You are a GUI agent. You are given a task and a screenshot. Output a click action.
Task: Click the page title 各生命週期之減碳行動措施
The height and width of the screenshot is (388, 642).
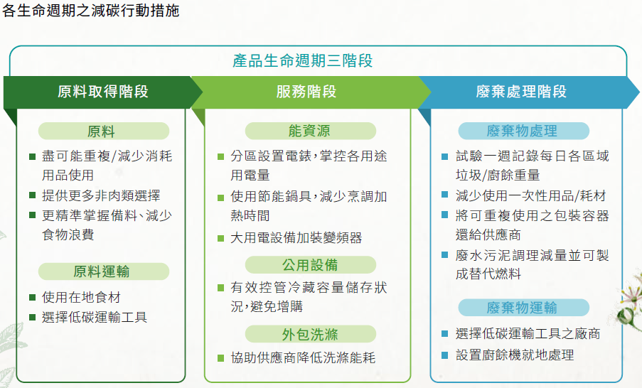pos(91,10)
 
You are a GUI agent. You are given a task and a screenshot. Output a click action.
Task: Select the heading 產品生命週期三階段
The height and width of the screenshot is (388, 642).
pos(303,60)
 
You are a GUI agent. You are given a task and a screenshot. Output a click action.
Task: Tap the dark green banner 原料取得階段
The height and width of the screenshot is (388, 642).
pos(103,92)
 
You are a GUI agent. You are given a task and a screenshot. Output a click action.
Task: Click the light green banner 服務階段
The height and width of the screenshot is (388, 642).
pos(306,92)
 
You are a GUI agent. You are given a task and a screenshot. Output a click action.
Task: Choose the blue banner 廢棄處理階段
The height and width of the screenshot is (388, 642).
pos(521,92)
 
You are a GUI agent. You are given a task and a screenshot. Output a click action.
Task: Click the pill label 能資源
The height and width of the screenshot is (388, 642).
pos(311,131)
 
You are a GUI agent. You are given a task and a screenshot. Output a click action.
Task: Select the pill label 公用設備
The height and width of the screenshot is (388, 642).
pos(311,265)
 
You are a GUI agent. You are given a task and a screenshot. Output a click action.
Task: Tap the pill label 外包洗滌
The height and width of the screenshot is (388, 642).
pos(311,334)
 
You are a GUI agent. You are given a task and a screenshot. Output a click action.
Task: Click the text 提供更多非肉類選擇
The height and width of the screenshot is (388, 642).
pos(101,195)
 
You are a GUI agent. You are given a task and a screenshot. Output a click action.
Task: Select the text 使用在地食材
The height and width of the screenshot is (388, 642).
pos(81,297)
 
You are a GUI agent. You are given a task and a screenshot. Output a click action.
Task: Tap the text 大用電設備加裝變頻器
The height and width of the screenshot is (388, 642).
pos(296,238)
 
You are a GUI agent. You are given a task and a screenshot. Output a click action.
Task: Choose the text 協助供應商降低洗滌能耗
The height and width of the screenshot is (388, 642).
pos(303,357)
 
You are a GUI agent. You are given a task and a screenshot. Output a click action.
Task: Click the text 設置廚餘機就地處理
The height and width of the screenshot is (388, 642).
pos(515,355)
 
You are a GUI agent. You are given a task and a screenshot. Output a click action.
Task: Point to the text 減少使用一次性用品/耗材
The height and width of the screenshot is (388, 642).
pos(530,195)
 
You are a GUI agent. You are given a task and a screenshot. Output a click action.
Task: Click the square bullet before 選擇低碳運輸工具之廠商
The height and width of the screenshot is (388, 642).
pos(444,334)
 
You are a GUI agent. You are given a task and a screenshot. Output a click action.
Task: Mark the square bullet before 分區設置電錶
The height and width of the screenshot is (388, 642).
pos(220,157)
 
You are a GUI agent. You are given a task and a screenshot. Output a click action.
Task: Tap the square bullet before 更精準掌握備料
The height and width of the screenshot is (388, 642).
pos(32,215)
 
